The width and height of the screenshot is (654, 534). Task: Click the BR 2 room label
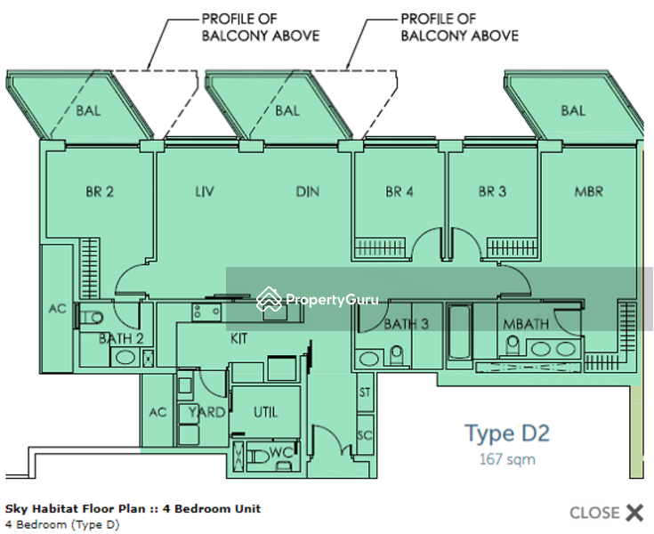pos(99,191)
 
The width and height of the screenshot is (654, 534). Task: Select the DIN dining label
pos(307,191)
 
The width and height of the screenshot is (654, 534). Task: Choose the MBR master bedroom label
pos(588,191)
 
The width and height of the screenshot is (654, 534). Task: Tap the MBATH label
pos(525,324)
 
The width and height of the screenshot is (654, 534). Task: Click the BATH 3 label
pos(406,324)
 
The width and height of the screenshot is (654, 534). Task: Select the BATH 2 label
pos(121,338)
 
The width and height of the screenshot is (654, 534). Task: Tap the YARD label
pos(207,412)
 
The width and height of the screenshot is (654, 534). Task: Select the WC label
pos(280,453)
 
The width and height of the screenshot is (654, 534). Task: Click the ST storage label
pos(364,392)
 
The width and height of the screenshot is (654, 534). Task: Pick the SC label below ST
pos(364,435)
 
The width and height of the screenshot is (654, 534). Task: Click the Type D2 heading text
pos(506,433)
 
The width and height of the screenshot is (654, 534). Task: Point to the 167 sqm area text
pos(506,460)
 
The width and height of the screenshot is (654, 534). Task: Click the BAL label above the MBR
pos(573,110)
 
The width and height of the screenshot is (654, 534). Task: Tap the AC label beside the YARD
pos(157,412)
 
